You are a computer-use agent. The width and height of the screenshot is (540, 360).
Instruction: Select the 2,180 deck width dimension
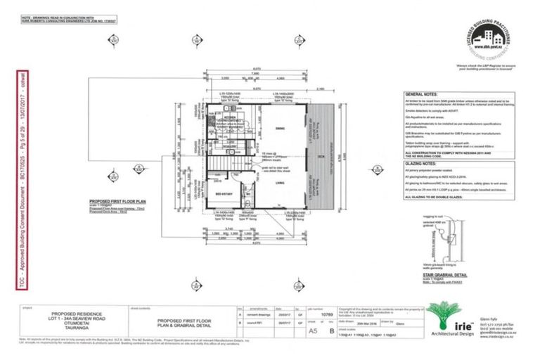pyautogui.click(x=320, y=89)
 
